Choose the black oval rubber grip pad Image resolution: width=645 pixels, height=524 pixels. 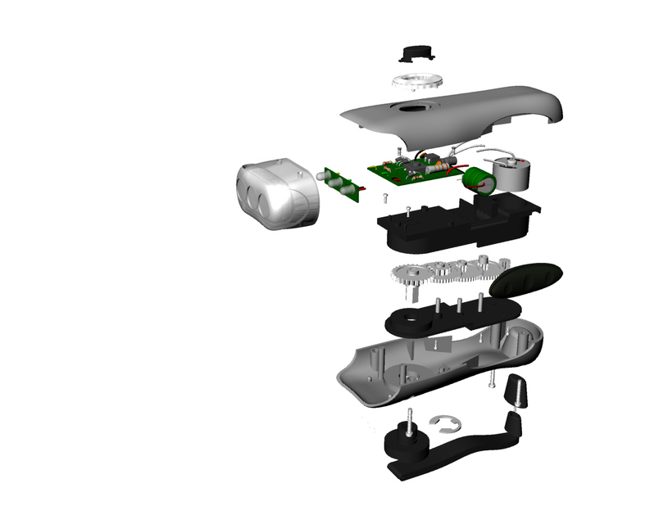tap(527, 278)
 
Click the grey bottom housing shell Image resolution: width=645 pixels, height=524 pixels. tap(443, 364)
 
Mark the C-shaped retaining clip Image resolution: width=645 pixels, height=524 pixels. tap(447, 422)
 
